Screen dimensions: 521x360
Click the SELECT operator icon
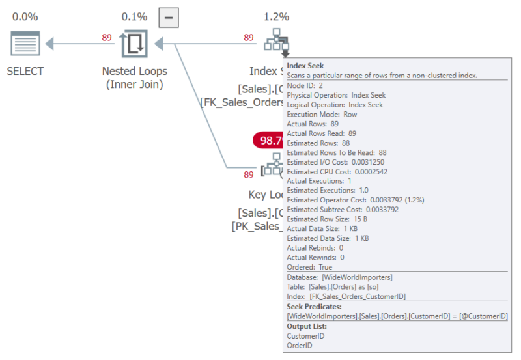click(x=25, y=43)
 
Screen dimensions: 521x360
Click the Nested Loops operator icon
click(x=135, y=43)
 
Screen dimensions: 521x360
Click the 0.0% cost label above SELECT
click(x=25, y=17)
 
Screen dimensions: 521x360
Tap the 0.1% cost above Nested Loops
click(x=134, y=17)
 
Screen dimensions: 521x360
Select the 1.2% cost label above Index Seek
click(x=276, y=17)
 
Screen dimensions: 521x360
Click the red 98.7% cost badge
click(x=268, y=140)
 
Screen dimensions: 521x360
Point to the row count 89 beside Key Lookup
click(x=249, y=174)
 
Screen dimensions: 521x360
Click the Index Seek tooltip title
click(x=305, y=66)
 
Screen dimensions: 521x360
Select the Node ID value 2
click(x=320, y=85)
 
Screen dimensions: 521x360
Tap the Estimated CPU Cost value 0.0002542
click(x=371, y=172)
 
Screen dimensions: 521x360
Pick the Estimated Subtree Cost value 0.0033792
click(x=382, y=210)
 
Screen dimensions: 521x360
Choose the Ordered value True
click(x=325, y=267)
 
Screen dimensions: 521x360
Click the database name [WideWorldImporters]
click(x=357, y=277)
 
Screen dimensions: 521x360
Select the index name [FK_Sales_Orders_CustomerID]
click(x=358, y=297)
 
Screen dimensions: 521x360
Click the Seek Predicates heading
click(x=314, y=307)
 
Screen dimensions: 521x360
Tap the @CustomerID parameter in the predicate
click(x=483, y=316)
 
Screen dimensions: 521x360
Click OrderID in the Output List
click(x=300, y=346)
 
